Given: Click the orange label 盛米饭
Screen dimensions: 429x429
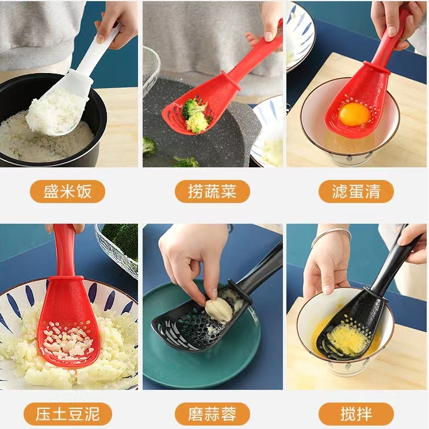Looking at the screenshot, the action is [x=67, y=191].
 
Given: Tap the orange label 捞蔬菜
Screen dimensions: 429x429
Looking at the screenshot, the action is [x=212, y=191].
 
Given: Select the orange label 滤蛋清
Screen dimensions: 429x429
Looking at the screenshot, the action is [x=356, y=191].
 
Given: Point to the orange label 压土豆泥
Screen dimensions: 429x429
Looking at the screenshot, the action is [x=68, y=414].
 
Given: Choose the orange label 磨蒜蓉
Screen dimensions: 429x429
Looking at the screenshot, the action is [x=212, y=414].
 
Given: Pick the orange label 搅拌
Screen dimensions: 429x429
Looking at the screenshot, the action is [x=356, y=414].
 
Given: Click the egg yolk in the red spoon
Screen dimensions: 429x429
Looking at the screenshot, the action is [x=354, y=114].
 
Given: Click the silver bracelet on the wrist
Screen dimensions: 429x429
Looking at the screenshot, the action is [x=331, y=235].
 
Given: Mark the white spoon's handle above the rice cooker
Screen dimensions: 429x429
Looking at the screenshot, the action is [x=101, y=49].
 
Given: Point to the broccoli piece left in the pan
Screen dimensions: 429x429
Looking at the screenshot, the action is [x=150, y=146].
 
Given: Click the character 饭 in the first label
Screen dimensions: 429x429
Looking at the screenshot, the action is [x=84, y=191].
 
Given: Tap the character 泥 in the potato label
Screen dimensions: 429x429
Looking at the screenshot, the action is [x=91, y=414].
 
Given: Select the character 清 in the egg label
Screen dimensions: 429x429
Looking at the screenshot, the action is [x=372, y=191].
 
